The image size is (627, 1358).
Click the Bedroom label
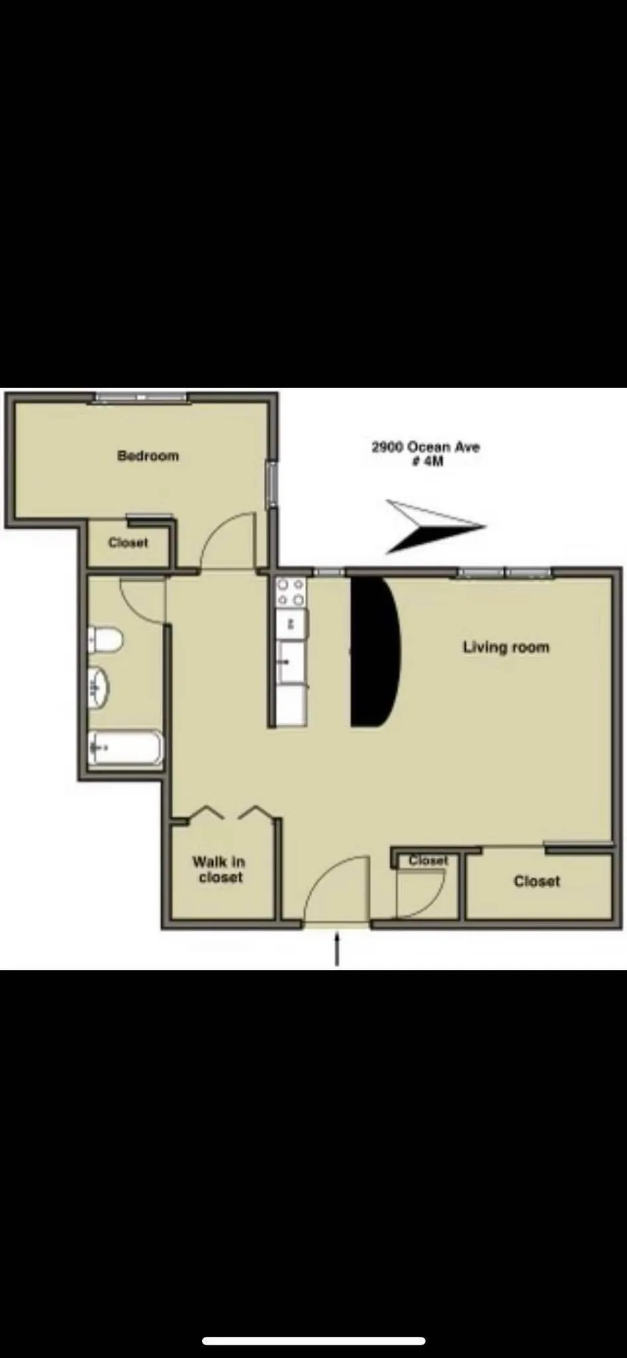click(x=148, y=456)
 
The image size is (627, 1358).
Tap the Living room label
click(x=506, y=647)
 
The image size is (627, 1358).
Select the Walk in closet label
click(x=219, y=869)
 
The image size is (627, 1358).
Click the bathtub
click(x=125, y=747)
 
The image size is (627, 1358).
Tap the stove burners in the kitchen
click(x=290, y=592)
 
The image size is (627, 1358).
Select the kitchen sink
click(x=290, y=661)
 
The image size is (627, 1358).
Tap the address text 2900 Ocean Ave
click(x=426, y=447)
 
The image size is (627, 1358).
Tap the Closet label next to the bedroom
click(x=129, y=542)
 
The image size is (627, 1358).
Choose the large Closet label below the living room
click(x=537, y=881)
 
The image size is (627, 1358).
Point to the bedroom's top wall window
click(x=140, y=397)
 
